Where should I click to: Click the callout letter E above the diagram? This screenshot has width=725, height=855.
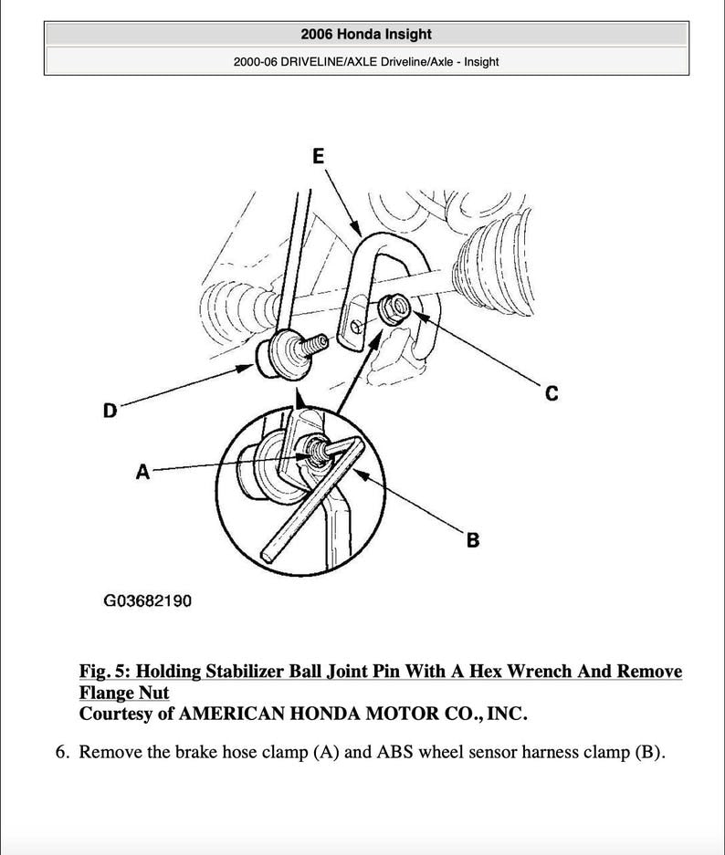(x=318, y=156)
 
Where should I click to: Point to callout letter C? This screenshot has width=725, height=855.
(x=551, y=394)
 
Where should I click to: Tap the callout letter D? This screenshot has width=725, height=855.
(x=110, y=411)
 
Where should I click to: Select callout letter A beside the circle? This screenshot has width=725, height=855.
(x=142, y=472)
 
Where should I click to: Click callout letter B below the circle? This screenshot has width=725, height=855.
(x=472, y=540)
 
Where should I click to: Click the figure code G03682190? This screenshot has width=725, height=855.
(x=147, y=601)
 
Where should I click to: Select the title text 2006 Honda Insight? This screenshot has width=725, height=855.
(x=365, y=34)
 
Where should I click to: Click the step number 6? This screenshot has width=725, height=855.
(x=62, y=754)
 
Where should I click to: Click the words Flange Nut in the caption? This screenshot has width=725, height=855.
(x=124, y=693)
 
